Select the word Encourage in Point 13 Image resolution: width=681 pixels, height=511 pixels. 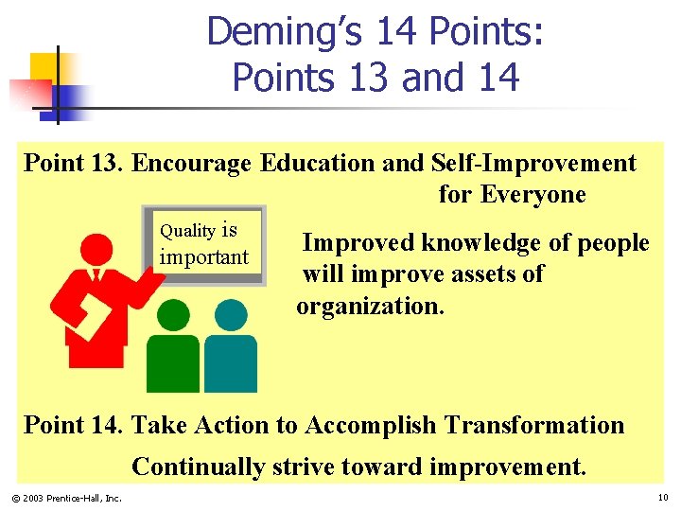coord(191,163)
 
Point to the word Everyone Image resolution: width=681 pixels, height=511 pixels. coord(533,195)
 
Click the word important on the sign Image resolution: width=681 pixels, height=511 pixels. coord(203,256)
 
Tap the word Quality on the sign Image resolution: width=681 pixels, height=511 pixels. coord(187,230)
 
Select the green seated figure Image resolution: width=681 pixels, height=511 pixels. coord(173,347)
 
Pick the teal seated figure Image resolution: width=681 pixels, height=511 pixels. coord(230,347)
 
